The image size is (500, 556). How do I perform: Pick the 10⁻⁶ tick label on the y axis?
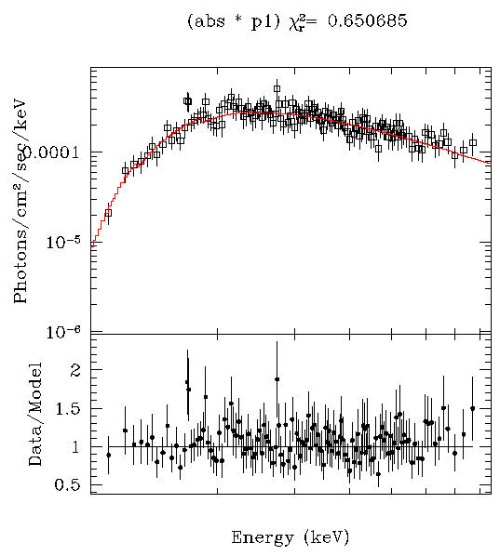click(x=68, y=331)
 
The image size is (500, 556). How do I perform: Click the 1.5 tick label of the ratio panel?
click(x=69, y=408)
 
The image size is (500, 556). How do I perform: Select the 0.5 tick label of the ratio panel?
click(x=69, y=485)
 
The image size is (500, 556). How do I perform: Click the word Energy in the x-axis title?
click(x=258, y=537)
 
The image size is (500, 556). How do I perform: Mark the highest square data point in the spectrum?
click(x=277, y=88)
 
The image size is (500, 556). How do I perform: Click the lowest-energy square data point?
click(x=108, y=213)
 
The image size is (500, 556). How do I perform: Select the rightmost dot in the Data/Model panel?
click(x=472, y=408)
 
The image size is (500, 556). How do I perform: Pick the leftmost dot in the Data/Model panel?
click(x=108, y=455)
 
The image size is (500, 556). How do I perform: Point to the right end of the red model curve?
click(x=490, y=164)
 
